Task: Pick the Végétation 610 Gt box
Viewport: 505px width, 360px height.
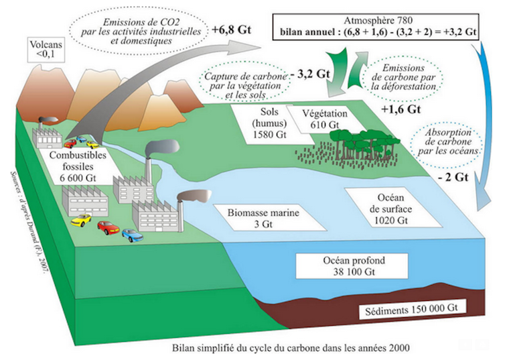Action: tap(323, 118)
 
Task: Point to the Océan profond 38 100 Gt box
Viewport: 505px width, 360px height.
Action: tap(353, 265)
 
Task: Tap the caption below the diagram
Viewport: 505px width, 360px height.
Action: tap(258, 347)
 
